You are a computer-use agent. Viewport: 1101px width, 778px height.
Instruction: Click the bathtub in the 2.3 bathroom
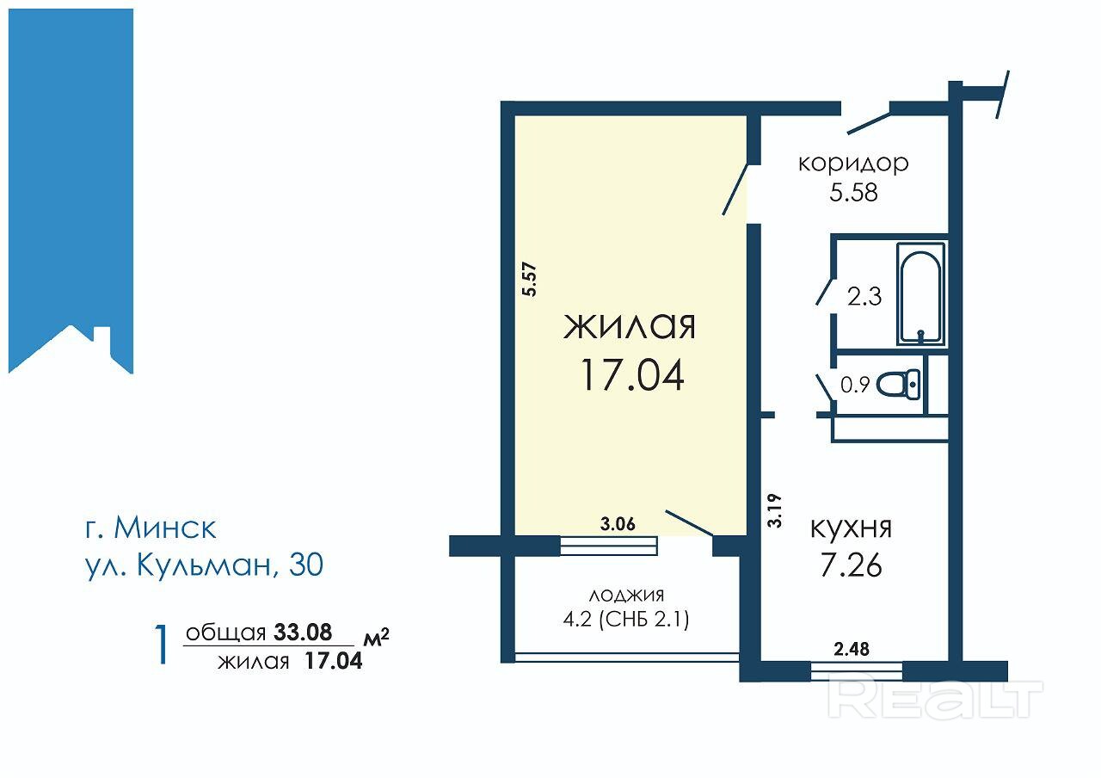coord(921,293)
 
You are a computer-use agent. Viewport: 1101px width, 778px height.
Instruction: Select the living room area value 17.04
coord(632,374)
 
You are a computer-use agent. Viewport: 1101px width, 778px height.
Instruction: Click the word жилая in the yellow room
coord(630,326)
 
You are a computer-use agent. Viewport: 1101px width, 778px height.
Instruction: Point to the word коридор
coord(853,164)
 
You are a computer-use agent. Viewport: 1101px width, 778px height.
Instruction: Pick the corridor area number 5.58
coord(853,192)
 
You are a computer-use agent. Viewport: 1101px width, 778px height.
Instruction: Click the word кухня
coord(851,528)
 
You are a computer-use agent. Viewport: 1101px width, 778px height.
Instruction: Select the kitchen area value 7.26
coord(851,565)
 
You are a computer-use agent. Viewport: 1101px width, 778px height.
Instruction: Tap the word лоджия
coord(626,596)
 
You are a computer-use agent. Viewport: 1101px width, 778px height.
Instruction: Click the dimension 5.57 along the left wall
coord(529,280)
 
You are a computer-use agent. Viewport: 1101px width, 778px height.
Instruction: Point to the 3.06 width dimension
coord(618,524)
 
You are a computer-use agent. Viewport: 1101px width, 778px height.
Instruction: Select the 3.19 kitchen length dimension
coord(774,511)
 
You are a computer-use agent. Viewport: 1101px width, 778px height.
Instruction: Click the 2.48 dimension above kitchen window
coord(852,649)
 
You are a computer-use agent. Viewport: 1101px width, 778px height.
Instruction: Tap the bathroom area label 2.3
coord(864,297)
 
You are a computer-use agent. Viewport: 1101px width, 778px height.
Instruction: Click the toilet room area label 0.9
coord(855,385)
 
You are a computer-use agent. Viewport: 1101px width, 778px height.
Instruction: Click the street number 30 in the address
coord(306,564)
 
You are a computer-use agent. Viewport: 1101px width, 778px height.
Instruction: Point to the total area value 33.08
coord(303,632)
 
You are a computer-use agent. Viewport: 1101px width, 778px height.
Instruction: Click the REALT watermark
coord(935,699)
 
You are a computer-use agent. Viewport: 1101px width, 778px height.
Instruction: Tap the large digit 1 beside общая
coord(161,645)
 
